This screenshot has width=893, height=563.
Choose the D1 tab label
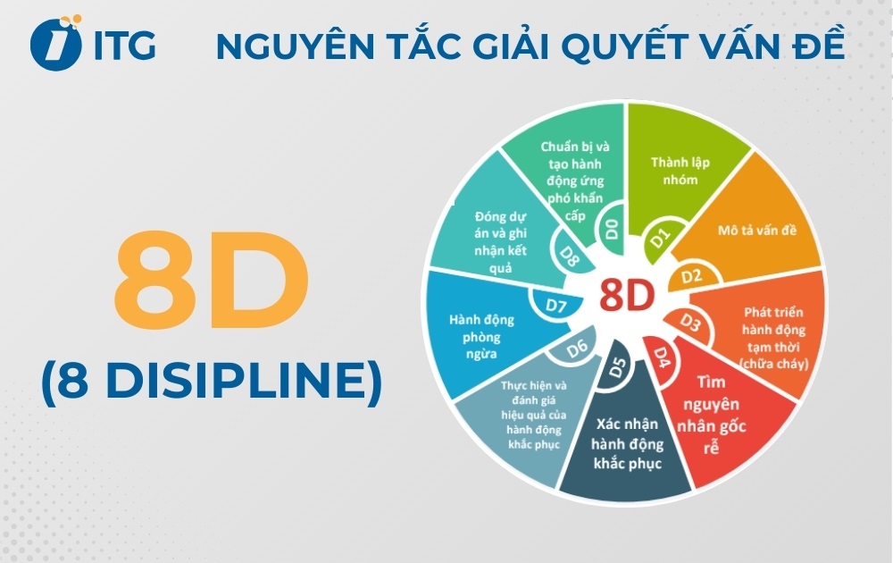click(x=659, y=238)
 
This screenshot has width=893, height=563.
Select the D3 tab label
click(x=691, y=320)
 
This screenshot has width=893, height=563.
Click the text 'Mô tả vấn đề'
click(x=757, y=230)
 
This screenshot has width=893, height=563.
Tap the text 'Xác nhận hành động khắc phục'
click(x=625, y=445)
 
